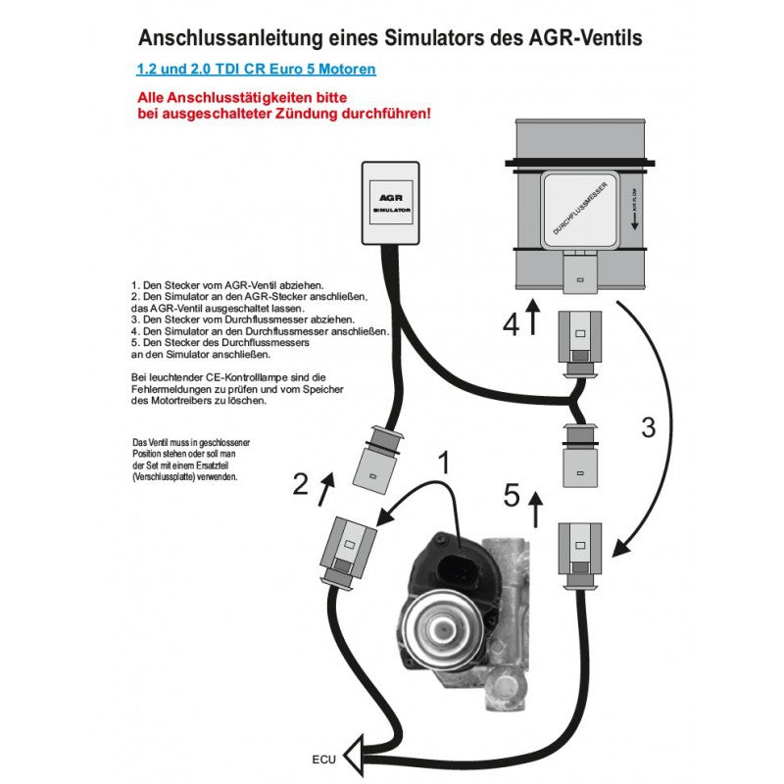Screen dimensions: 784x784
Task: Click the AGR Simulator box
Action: point(392,203)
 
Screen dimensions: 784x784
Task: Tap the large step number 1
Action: point(444,464)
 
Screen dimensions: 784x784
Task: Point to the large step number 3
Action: point(647,427)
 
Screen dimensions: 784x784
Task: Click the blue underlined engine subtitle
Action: point(256,71)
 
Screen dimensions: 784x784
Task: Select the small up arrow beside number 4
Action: point(534,318)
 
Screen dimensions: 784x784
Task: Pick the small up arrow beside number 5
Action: point(534,510)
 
